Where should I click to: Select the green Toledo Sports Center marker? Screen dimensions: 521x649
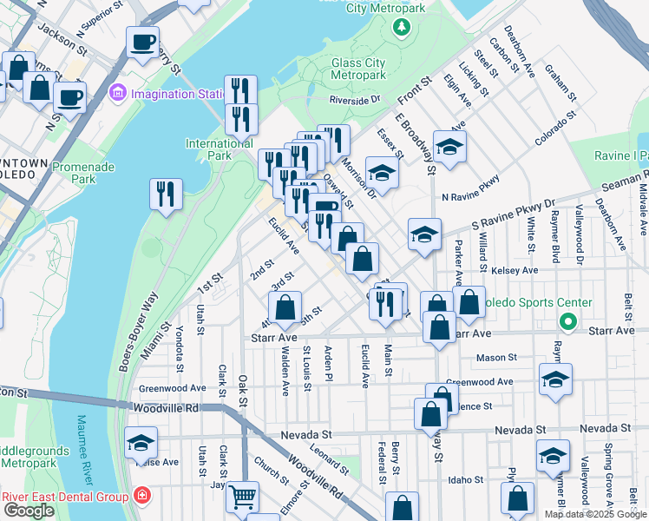click(x=568, y=323)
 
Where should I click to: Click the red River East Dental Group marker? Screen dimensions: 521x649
click(x=141, y=497)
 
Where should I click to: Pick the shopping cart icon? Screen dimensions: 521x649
click(x=242, y=498)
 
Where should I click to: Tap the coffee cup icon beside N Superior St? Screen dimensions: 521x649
click(x=142, y=42)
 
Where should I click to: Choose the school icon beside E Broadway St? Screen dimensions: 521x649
click(x=449, y=147)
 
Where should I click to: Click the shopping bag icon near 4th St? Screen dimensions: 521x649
click(x=285, y=307)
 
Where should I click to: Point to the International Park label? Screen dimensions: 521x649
click(x=220, y=149)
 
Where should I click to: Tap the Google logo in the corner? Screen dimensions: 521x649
click(x=29, y=511)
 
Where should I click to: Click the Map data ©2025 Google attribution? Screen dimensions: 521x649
click(x=594, y=514)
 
